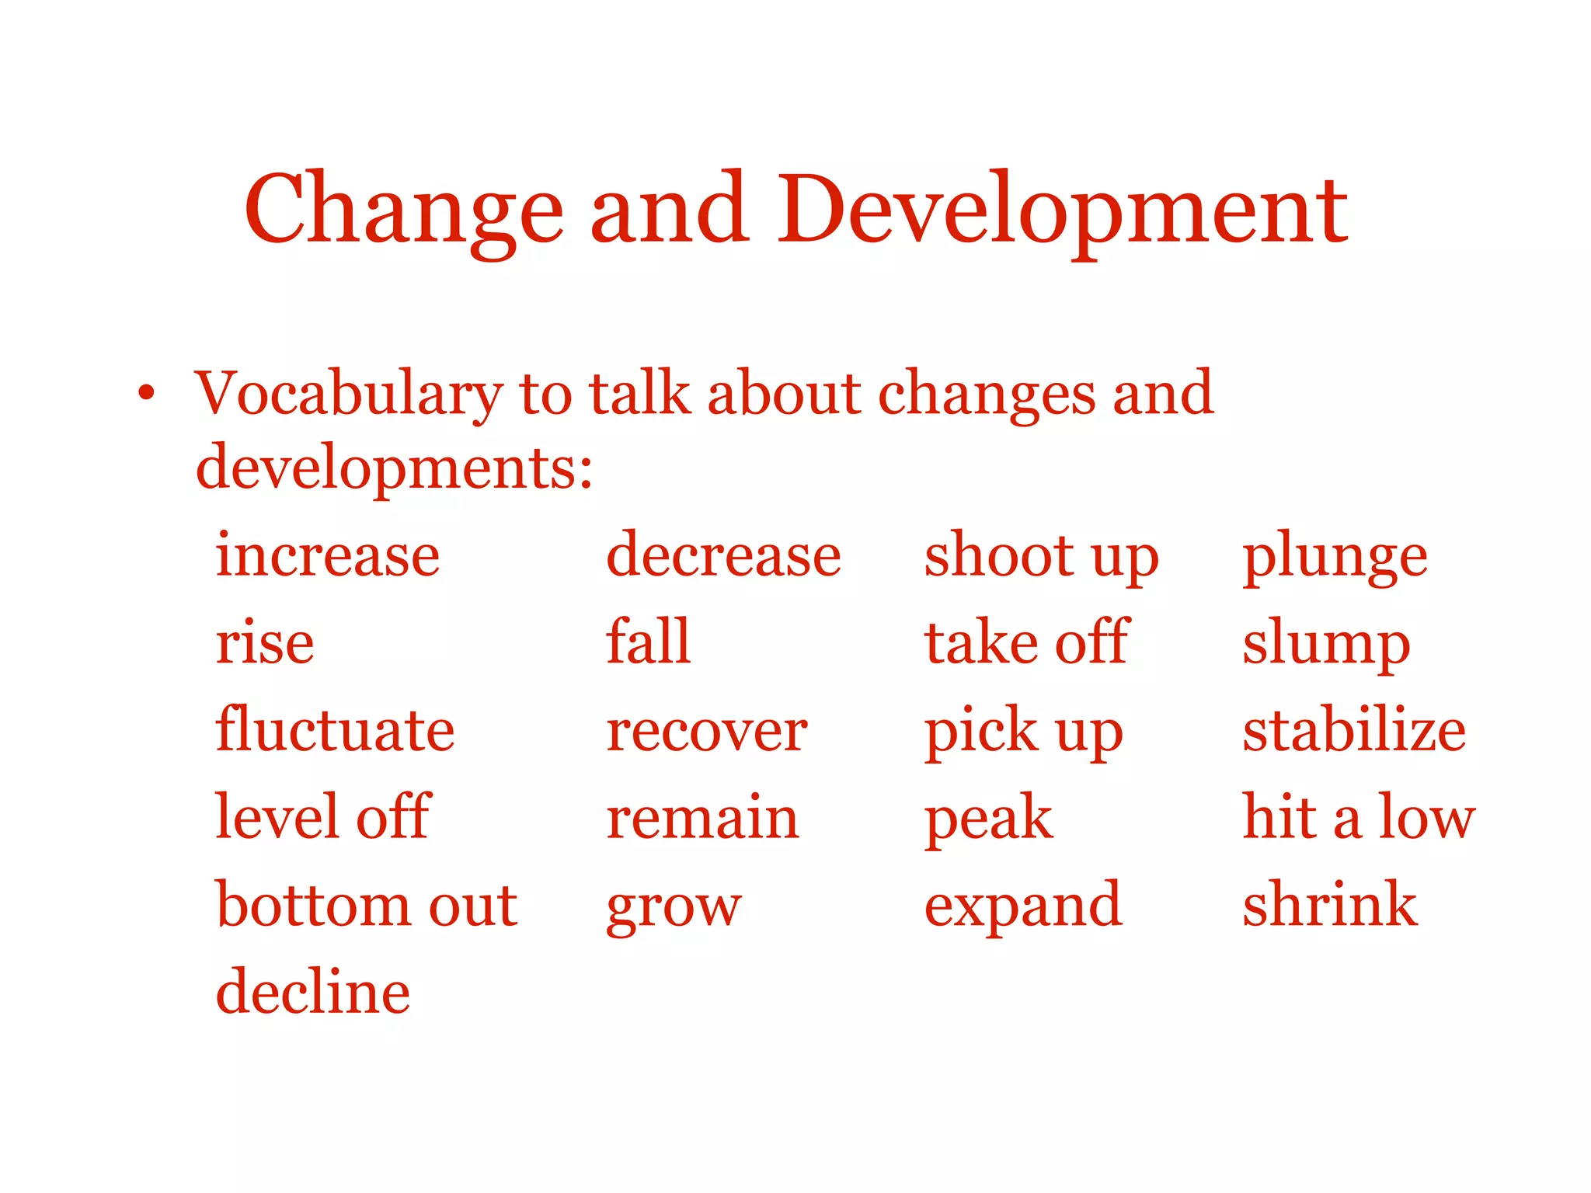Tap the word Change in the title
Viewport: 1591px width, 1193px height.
(404, 210)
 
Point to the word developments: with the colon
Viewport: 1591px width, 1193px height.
(395, 468)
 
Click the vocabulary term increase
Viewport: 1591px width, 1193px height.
(328, 555)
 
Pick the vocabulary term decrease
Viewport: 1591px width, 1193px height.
(723, 555)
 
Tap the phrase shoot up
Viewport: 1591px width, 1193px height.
(1041, 557)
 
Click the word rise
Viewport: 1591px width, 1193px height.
(265, 643)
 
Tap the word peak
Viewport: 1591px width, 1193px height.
(988, 819)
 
